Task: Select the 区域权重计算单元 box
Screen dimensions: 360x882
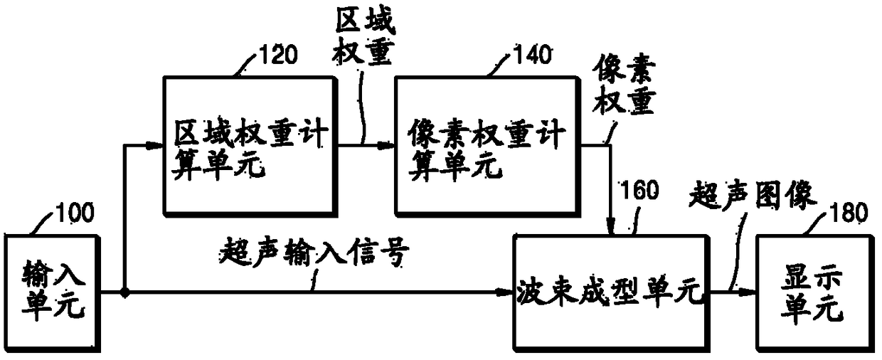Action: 250,146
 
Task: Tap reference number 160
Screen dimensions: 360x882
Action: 639,191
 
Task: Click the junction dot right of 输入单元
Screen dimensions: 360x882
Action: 124,292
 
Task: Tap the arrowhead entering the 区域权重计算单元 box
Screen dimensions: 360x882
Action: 158,146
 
